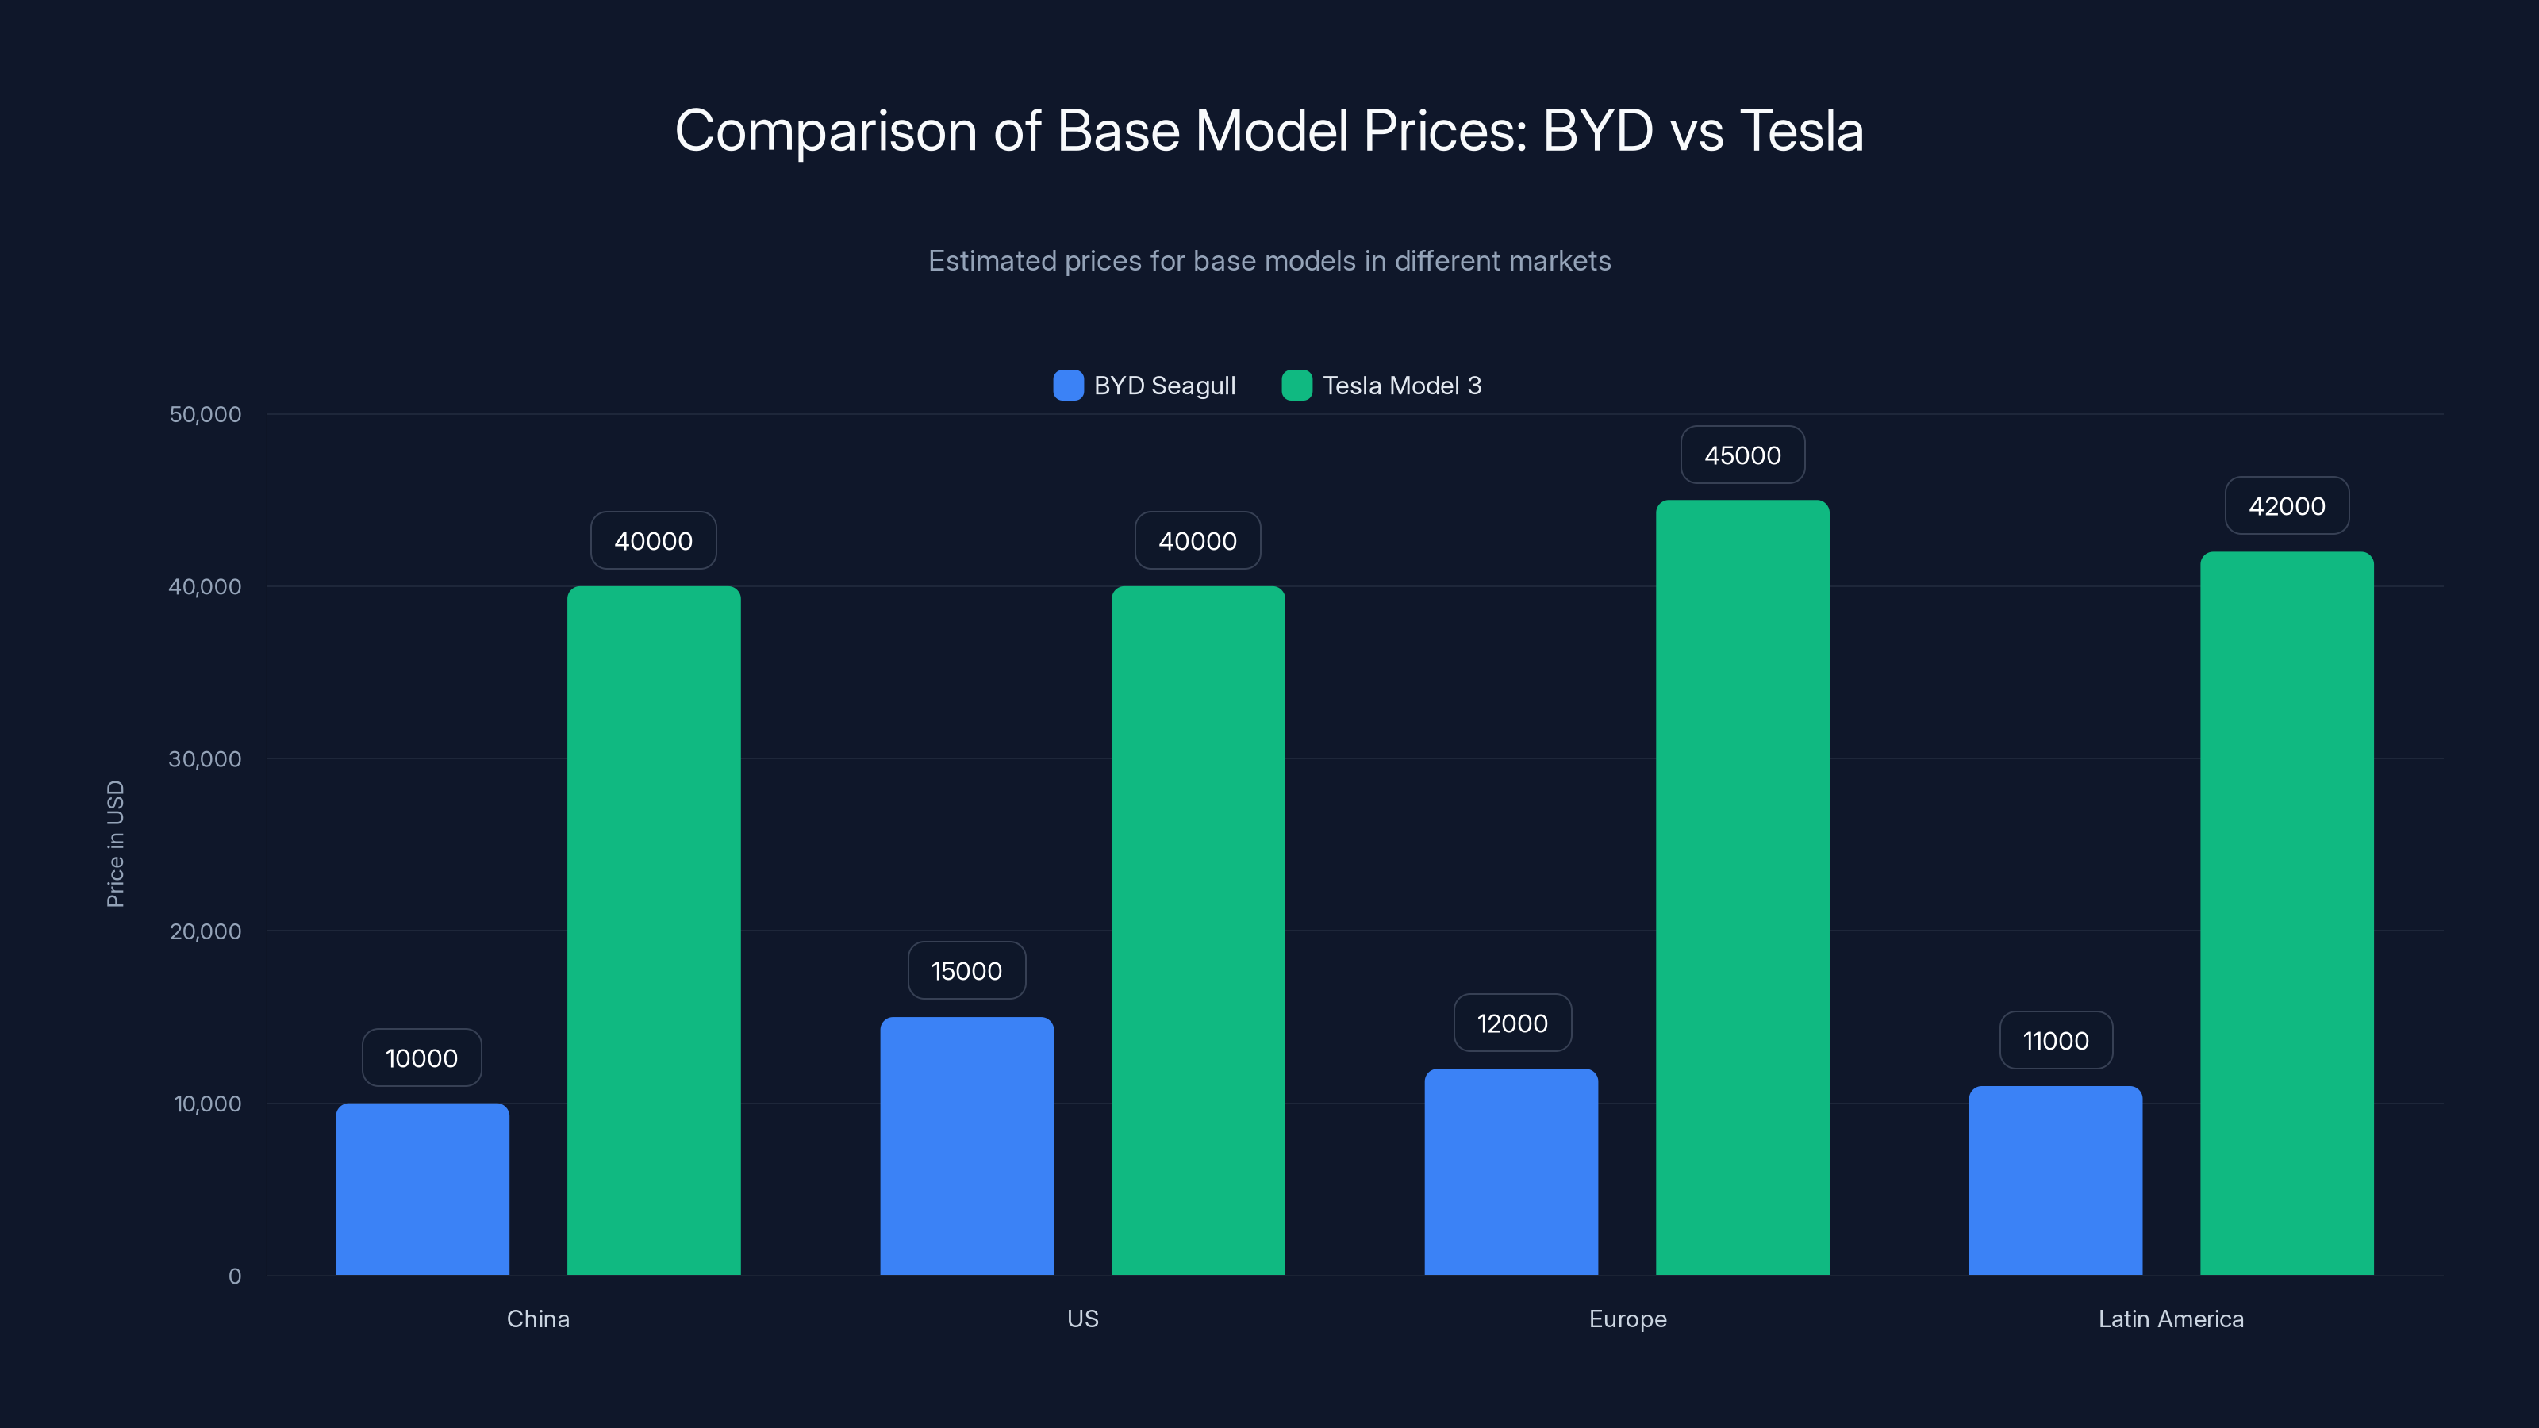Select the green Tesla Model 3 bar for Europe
click(x=1742, y=887)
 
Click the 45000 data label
click(x=1742, y=455)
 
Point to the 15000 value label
click(x=966, y=971)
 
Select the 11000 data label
click(x=2055, y=1041)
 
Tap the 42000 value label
click(x=2286, y=507)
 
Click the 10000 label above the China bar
click(x=422, y=1058)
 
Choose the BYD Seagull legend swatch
click(x=1067, y=386)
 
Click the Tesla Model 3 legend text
click(x=1400, y=386)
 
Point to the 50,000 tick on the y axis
click(x=205, y=414)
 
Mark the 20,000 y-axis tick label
click(x=205, y=931)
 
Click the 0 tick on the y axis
click(x=235, y=1276)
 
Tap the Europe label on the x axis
click(x=1627, y=1319)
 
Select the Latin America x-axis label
click(x=2170, y=1319)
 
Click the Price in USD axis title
click(x=115, y=843)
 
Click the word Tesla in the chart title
click(x=1801, y=130)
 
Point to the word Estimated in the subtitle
click(x=992, y=261)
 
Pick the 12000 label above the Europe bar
click(x=1512, y=1023)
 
